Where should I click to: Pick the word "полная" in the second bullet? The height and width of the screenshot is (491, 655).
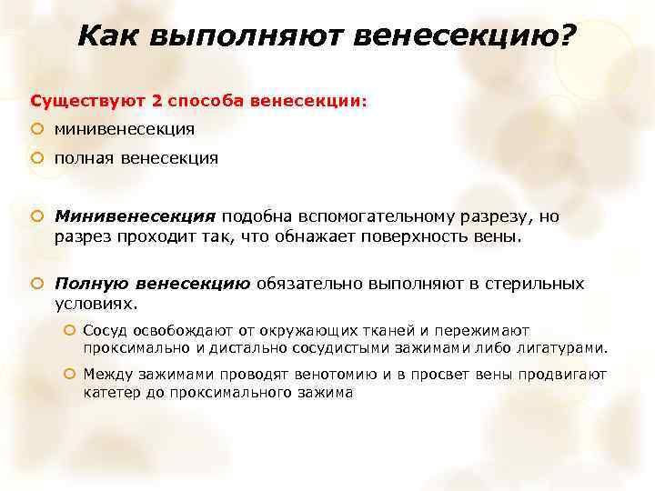pos(81,158)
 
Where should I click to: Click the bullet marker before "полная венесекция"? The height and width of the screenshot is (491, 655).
pos(37,158)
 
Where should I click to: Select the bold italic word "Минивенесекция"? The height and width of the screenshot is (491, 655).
pos(136,217)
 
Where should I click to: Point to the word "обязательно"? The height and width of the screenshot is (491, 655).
pos(315,284)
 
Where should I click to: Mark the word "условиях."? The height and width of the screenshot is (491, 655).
pos(96,303)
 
